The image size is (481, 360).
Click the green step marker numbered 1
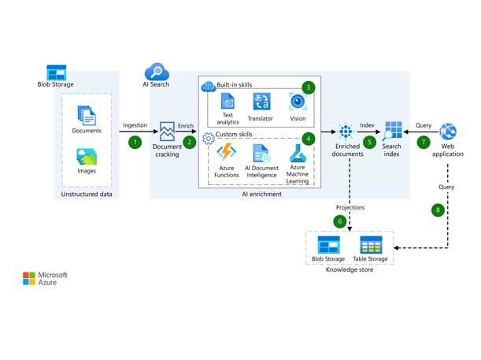pyautogui.click(x=135, y=143)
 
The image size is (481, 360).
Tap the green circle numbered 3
pyautogui.click(x=309, y=87)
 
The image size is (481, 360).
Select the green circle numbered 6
pyautogui.click(x=340, y=221)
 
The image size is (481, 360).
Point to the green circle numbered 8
pyautogui.click(x=437, y=210)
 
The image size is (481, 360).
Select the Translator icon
pyautogui.click(x=262, y=102)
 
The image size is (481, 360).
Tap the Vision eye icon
pyautogui.click(x=298, y=102)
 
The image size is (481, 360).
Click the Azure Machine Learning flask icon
pyautogui.click(x=297, y=152)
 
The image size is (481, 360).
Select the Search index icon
pyautogui.click(x=392, y=131)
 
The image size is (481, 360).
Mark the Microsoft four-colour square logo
pyautogui.click(x=29, y=278)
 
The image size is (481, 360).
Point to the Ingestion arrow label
pyautogui.click(x=136, y=125)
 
